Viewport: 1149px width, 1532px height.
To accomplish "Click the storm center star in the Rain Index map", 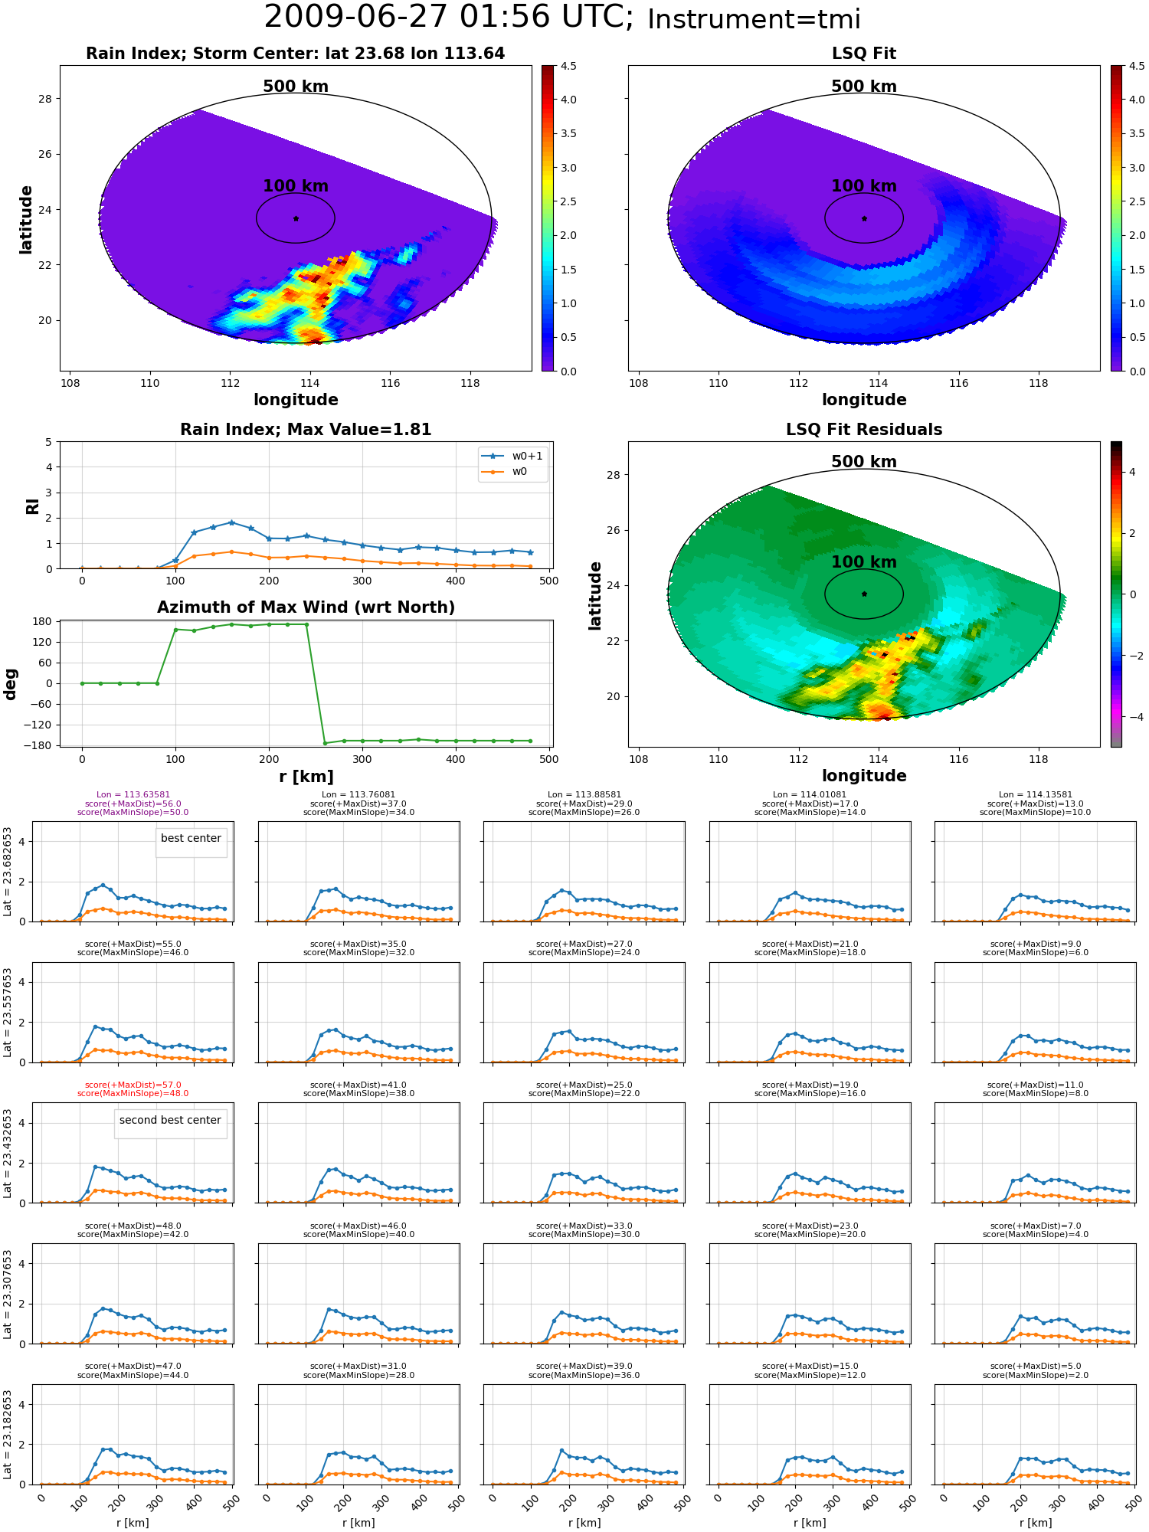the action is tap(296, 218).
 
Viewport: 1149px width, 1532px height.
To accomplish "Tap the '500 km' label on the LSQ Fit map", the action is tap(864, 87).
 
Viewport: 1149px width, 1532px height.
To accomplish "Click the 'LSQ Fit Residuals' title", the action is tap(864, 430).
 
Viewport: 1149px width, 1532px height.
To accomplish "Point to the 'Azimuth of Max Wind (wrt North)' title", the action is tap(306, 607).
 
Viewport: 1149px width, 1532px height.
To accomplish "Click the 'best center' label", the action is tap(191, 838).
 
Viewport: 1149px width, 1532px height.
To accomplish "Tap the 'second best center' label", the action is tap(170, 1120).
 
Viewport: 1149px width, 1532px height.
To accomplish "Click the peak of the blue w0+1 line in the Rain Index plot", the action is tap(231, 522).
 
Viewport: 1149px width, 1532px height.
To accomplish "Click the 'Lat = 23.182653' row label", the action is tap(8, 1435).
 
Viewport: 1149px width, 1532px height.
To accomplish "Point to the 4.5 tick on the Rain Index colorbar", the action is tap(568, 66).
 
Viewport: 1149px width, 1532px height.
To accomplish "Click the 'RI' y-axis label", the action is tap(32, 506).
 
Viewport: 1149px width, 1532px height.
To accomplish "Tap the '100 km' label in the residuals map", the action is tap(864, 562).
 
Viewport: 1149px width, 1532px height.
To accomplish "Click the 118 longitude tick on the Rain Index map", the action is tap(470, 384).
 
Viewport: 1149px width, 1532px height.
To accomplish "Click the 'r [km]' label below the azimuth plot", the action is tap(306, 777).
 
